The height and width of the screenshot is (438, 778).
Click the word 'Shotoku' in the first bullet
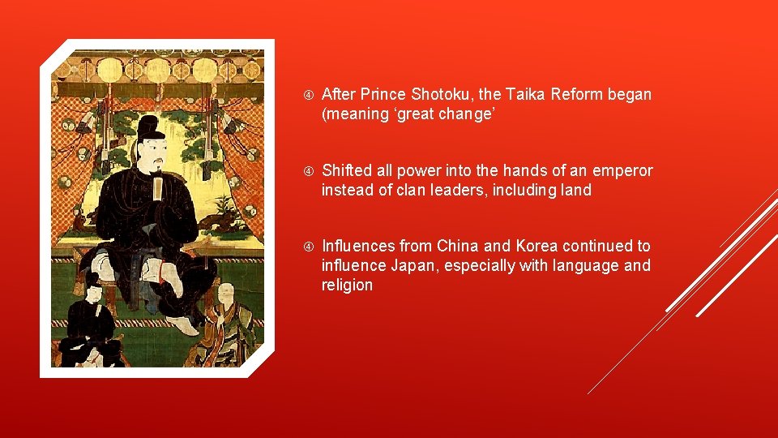432,95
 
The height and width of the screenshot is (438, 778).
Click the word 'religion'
347,285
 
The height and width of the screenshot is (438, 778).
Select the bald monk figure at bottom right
222,324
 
